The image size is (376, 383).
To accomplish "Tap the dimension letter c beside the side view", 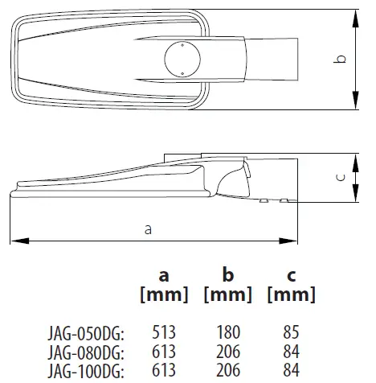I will (341, 179).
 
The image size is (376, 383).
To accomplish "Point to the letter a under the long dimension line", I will (148, 229).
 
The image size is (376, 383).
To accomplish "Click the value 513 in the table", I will (163, 331).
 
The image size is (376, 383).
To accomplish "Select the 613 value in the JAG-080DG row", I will (163, 351).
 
